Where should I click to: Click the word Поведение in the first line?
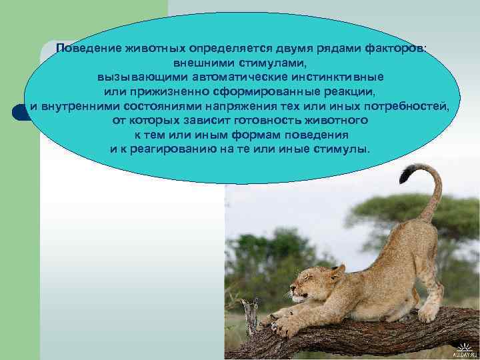coord(87,49)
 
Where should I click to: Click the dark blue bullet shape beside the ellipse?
coord(20,111)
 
